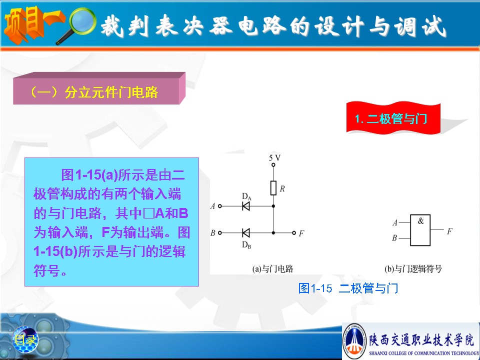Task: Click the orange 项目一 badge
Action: (33, 24)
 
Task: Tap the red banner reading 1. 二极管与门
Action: (393, 118)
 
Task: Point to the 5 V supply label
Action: (274, 158)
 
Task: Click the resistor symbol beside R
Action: (273, 188)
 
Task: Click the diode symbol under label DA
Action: (246, 206)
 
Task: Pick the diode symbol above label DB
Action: (246, 233)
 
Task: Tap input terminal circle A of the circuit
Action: (220, 206)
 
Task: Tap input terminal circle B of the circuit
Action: (220, 233)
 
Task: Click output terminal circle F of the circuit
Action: (294, 233)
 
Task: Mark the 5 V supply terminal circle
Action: (273, 165)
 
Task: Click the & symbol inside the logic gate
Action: (421, 220)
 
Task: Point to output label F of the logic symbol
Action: (449, 231)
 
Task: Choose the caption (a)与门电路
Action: (272, 269)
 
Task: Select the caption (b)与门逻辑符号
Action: (413, 269)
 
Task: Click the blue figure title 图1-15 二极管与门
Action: (348, 288)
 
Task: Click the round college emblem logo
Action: (354, 340)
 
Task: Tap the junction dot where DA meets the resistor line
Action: (273, 206)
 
